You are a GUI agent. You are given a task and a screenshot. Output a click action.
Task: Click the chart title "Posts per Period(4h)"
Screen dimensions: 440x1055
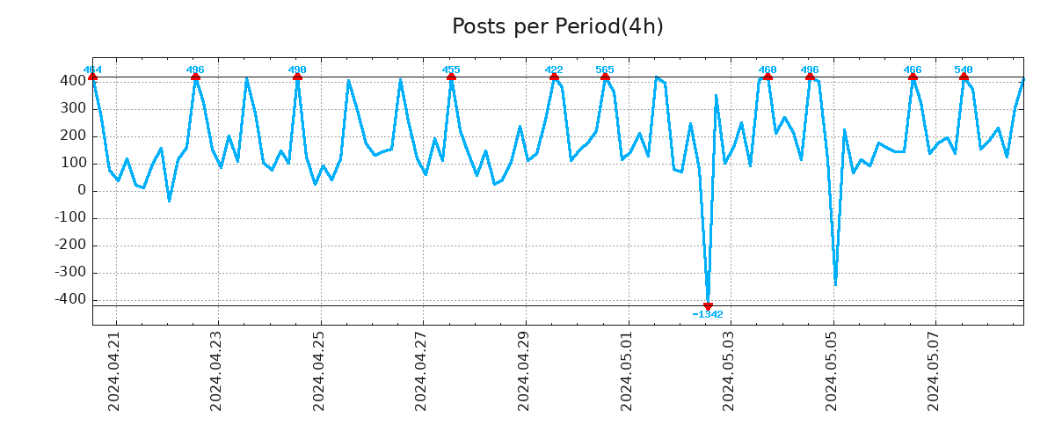click(x=557, y=26)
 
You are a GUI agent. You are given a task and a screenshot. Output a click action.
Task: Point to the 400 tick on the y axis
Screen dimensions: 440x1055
click(x=72, y=81)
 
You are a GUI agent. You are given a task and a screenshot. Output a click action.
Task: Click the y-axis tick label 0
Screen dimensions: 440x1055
click(x=81, y=191)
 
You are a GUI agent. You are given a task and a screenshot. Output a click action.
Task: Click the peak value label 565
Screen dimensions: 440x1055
click(x=605, y=70)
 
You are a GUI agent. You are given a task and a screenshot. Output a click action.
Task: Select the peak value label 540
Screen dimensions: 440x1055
click(x=964, y=70)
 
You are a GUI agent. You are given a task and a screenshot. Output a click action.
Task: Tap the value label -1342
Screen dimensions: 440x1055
click(x=708, y=315)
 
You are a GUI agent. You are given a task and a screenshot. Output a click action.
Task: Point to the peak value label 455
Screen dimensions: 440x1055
click(x=451, y=70)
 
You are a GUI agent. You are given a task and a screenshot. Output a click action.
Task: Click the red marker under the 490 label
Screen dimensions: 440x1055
click(x=297, y=77)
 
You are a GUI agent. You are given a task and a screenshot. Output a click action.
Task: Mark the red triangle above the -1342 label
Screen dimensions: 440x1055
click(x=708, y=306)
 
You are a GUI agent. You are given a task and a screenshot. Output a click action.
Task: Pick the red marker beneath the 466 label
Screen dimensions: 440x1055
click(x=913, y=77)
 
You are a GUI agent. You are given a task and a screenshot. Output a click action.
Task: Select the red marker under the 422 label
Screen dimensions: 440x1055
click(x=554, y=77)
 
